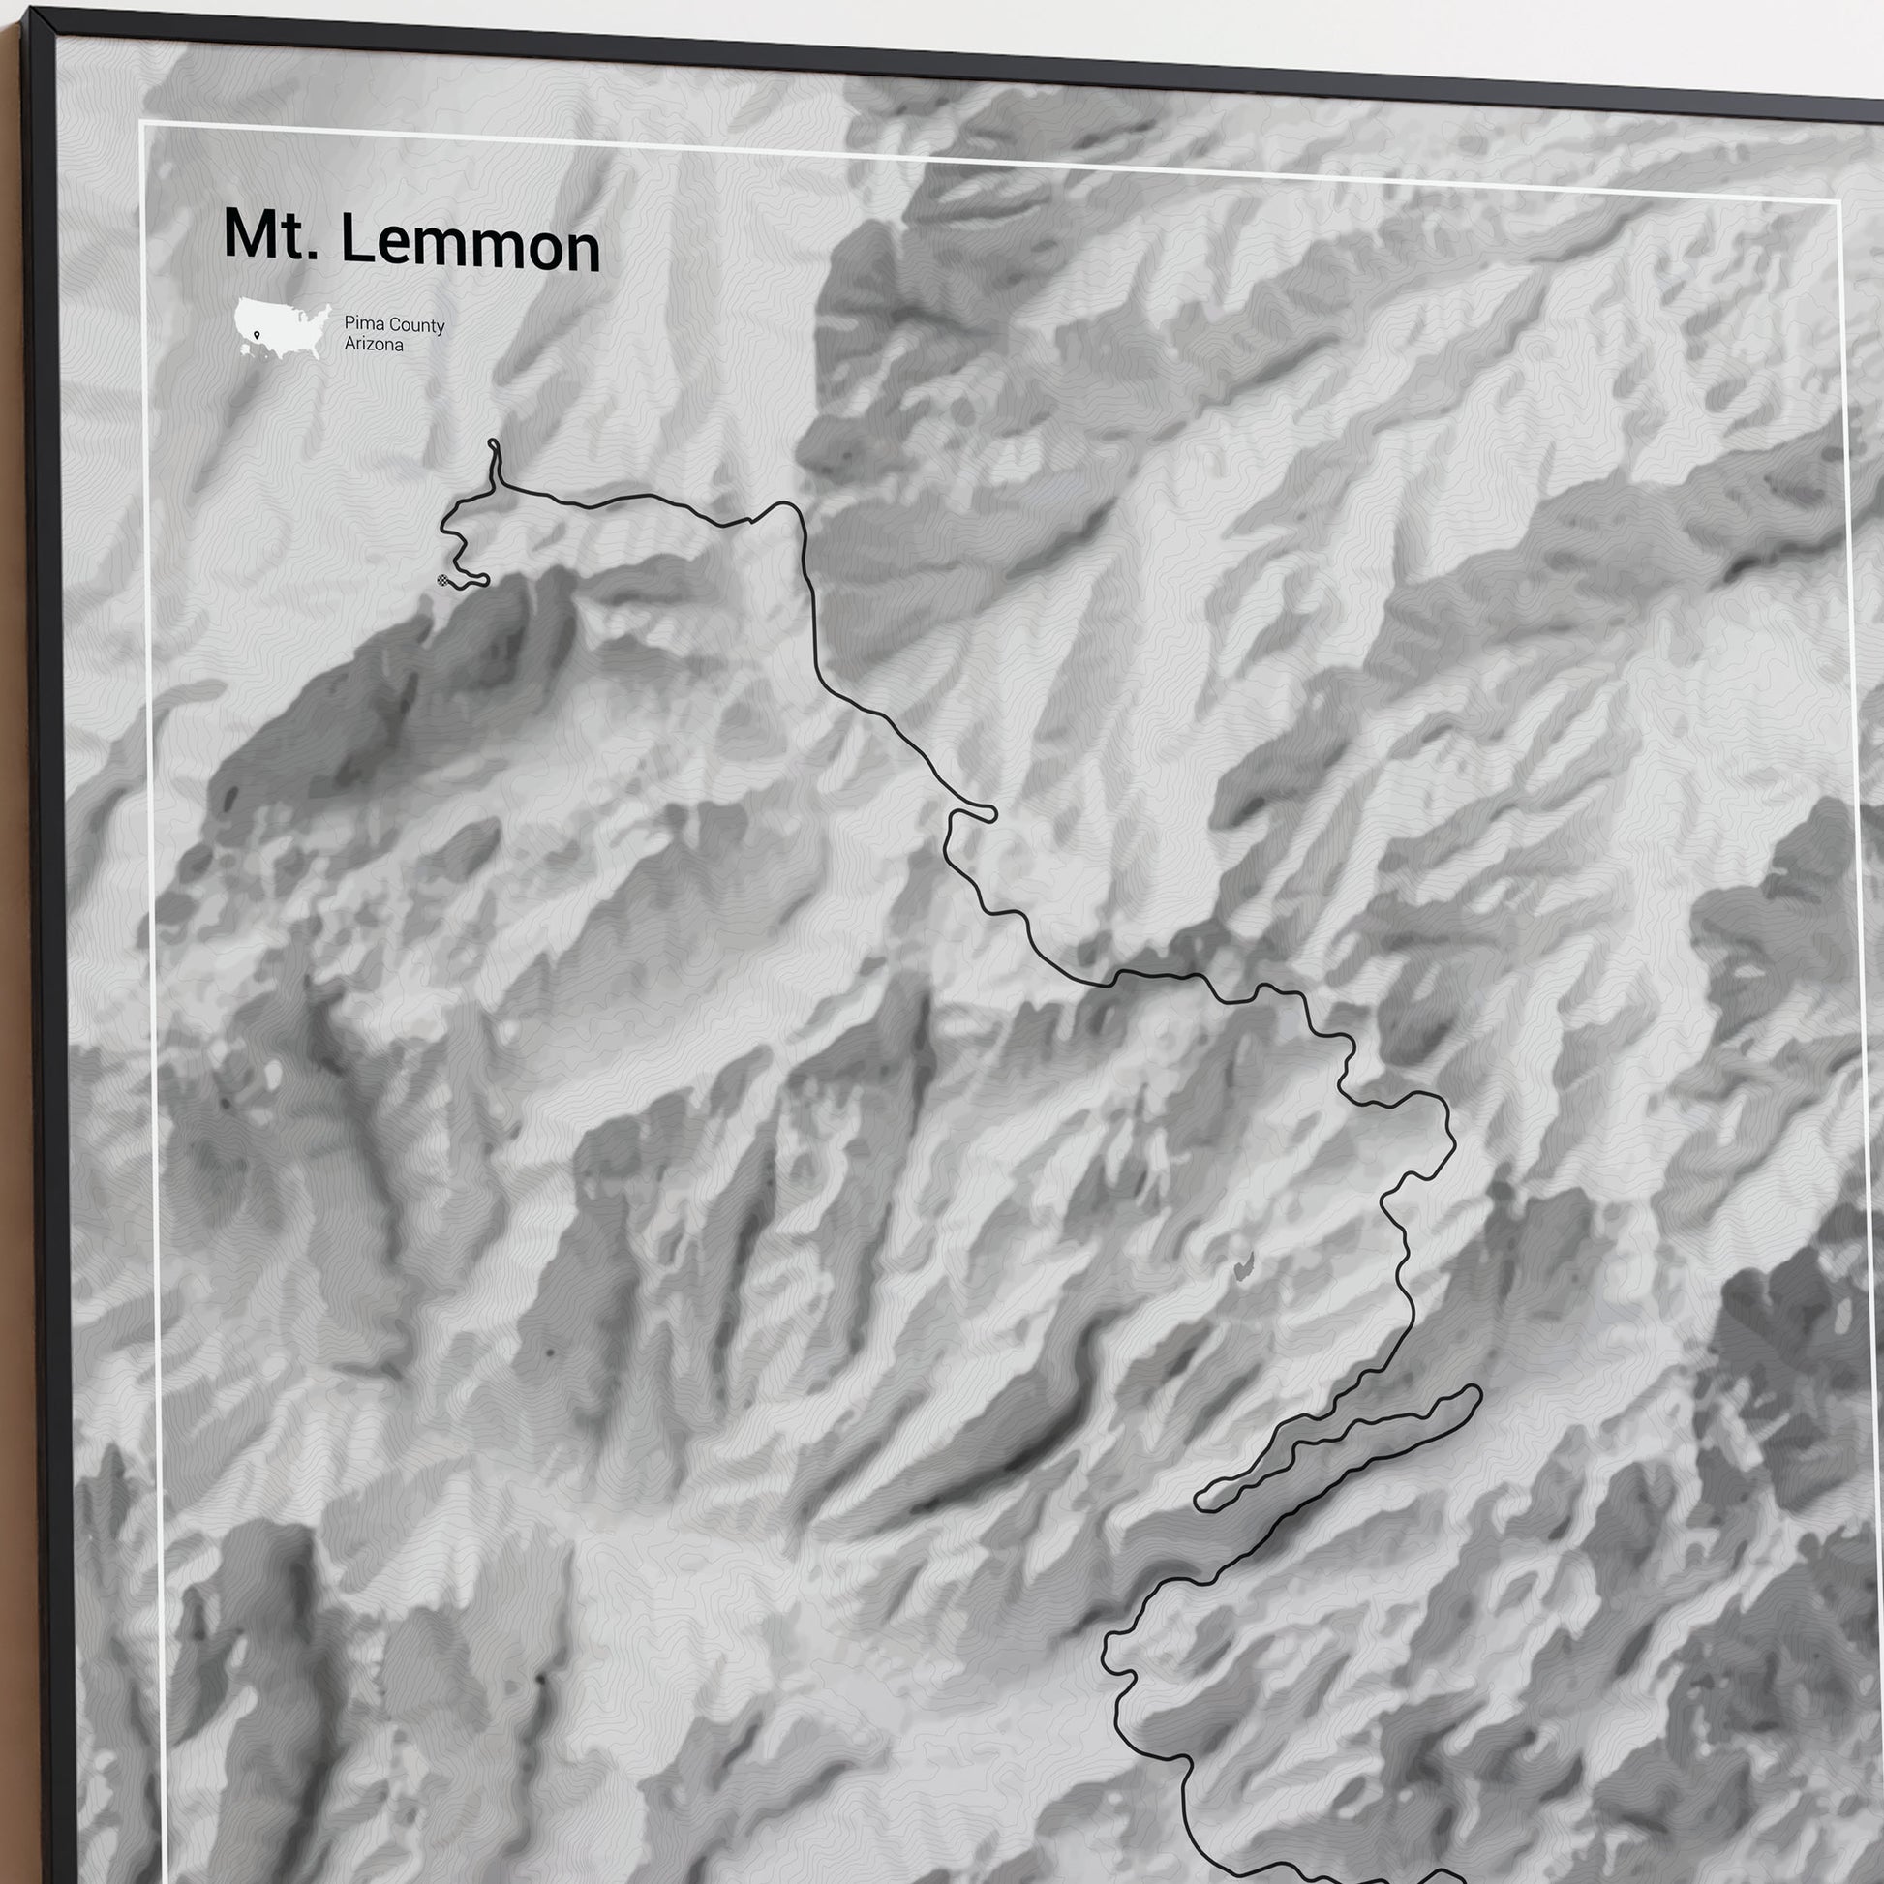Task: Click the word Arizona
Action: pyautogui.click(x=374, y=345)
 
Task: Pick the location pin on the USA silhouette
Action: pyautogui.click(x=256, y=335)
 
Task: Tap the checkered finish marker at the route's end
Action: pyautogui.click(x=444, y=581)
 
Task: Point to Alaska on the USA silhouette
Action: pyautogui.click(x=244, y=349)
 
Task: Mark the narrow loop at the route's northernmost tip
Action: pyautogui.click(x=494, y=447)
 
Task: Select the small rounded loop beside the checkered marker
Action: pyautogui.click(x=482, y=581)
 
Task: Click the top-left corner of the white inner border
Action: pyautogui.click(x=142, y=124)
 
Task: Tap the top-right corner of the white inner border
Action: pyautogui.click(x=1838, y=200)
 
